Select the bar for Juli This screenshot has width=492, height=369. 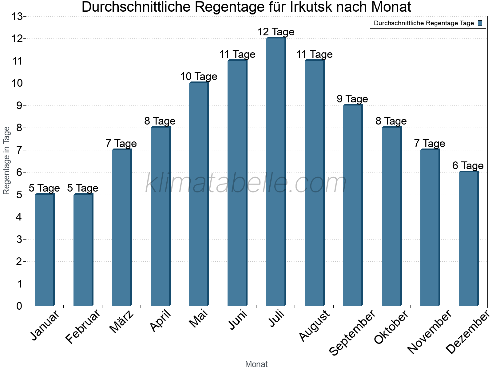[x=276, y=172]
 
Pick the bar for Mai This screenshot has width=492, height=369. [x=198, y=194]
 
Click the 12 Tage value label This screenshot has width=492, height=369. [x=276, y=32]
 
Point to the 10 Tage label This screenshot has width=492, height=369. [x=199, y=77]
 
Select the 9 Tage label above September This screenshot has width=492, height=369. [x=352, y=99]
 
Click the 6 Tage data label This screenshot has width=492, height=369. [x=468, y=166]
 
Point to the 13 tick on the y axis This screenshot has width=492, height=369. [x=18, y=17]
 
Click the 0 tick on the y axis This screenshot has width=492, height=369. [x=19, y=306]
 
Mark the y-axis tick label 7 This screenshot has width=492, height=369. [x=19, y=150]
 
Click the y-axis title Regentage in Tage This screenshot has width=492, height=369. [x=7, y=161]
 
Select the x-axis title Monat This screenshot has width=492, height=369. [x=256, y=364]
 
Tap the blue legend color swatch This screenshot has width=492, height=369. [x=480, y=23]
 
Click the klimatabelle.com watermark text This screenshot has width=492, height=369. [x=246, y=183]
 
